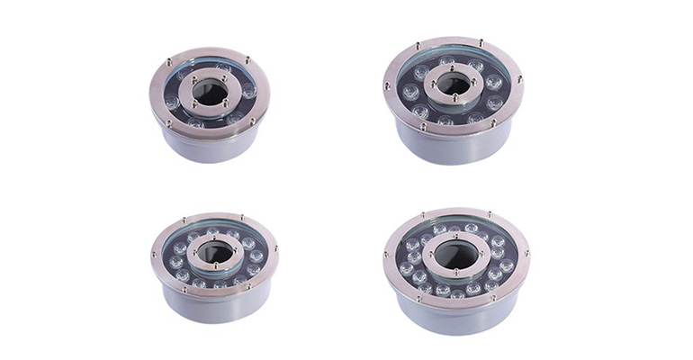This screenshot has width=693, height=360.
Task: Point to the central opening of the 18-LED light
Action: click(456, 256)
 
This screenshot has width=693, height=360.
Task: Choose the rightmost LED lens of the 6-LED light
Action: click(249, 91)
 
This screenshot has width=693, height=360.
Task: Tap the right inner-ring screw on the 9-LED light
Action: click(480, 85)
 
